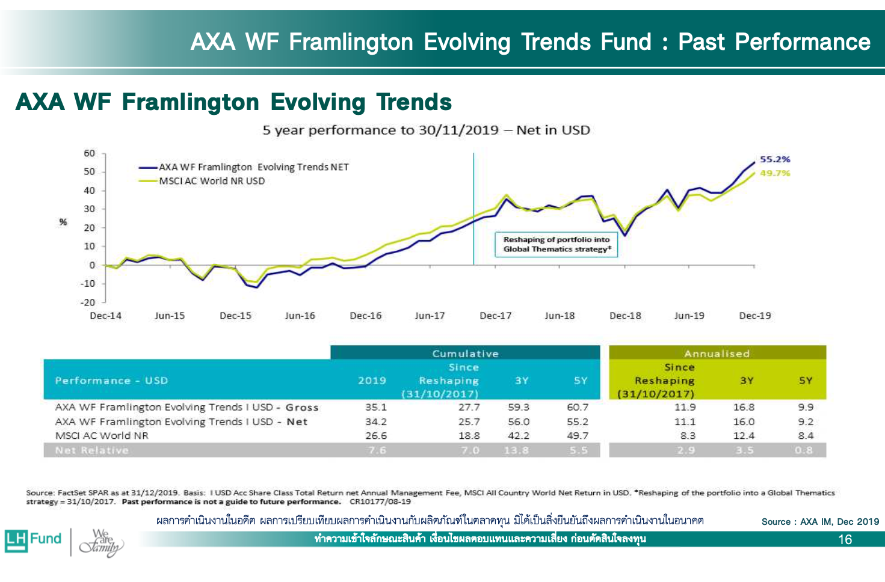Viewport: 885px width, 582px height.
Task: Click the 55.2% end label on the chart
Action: click(775, 159)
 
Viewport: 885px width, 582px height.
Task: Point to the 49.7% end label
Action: click(775, 173)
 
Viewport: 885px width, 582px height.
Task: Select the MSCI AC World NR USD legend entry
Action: click(211, 181)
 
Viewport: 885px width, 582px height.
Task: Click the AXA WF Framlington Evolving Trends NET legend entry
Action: click(253, 167)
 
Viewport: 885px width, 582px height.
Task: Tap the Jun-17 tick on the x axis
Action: click(430, 316)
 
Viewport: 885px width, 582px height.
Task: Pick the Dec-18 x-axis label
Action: click(625, 316)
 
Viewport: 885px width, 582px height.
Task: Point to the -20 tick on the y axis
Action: click(88, 302)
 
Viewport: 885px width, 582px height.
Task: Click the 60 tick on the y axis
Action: click(89, 153)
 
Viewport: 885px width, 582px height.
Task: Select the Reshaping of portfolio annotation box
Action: click(557, 244)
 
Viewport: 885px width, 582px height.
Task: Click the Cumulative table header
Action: click(465, 354)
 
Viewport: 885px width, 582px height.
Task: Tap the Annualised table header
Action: click(717, 354)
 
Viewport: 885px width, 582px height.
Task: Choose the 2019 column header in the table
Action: click(372, 381)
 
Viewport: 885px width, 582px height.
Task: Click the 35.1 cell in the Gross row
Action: click(376, 407)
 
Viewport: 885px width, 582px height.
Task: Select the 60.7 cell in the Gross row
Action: click(578, 407)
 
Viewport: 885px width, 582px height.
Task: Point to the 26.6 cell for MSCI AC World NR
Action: click(376, 436)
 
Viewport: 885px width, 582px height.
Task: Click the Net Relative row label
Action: click(92, 450)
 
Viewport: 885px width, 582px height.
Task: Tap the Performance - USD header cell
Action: click(112, 381)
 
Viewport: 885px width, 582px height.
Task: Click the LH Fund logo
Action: click(34, 539)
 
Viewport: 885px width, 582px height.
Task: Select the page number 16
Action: click(845, 539)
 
